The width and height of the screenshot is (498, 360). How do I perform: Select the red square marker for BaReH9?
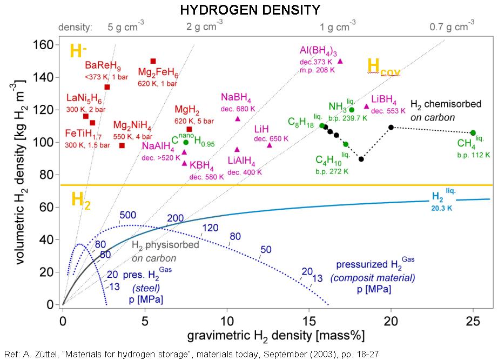click(x=107, y=87)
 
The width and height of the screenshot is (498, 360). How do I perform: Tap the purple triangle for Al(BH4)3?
click(x=340, y=61)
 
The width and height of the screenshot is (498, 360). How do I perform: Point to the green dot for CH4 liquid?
click(x=473, y=133)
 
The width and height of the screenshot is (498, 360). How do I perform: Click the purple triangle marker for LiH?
click(x=270, y=145)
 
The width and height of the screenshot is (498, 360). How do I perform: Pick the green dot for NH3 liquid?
click(x=352, y=110)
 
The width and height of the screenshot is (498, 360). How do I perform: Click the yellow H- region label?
click(x=79, y=51)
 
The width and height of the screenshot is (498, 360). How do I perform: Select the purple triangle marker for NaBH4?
click(x=238, y=119)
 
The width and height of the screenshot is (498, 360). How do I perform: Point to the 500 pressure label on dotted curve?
click(x=127, y=215)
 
